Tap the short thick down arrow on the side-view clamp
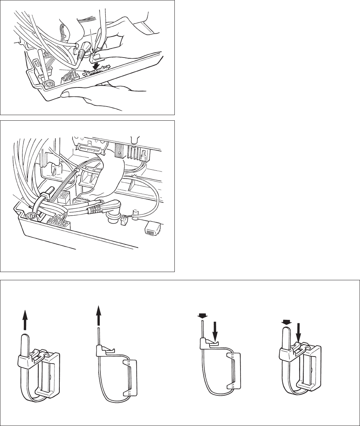202,316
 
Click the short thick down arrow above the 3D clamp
286,322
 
